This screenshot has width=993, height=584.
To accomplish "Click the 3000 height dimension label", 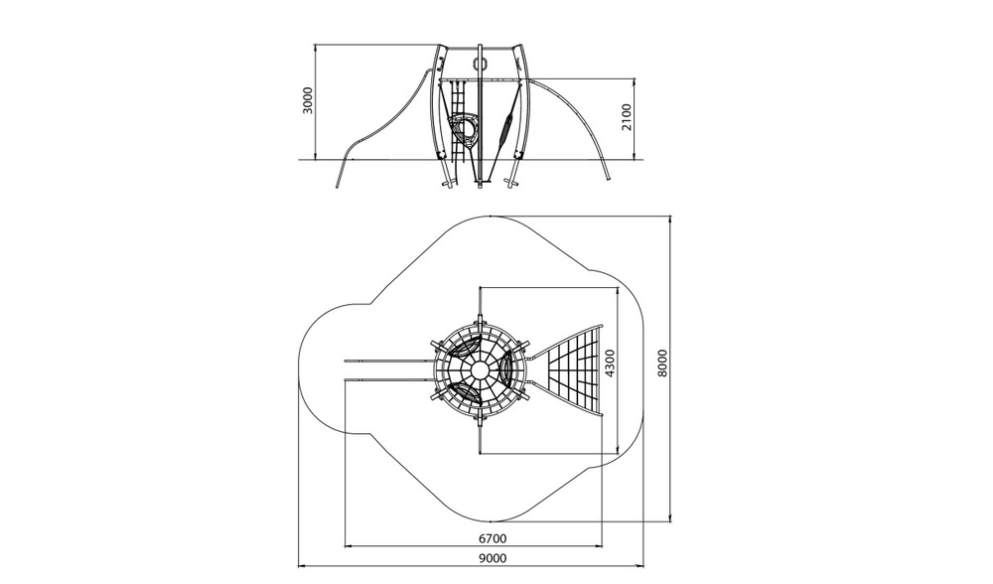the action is [308, 100].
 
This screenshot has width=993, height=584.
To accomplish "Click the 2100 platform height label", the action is [627, 117].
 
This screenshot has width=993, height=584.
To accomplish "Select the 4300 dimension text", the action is [610, 364].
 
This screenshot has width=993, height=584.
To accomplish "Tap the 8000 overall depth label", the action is [662, 364].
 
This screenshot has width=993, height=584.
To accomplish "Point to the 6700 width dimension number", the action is [493, 539].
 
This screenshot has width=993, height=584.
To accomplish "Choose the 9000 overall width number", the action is [493, 558].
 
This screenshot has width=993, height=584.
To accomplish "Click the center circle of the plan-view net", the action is [480, 369].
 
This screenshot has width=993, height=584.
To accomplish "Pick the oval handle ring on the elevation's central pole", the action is [480, 64].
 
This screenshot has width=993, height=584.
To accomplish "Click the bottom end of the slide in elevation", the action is [338, 186].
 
